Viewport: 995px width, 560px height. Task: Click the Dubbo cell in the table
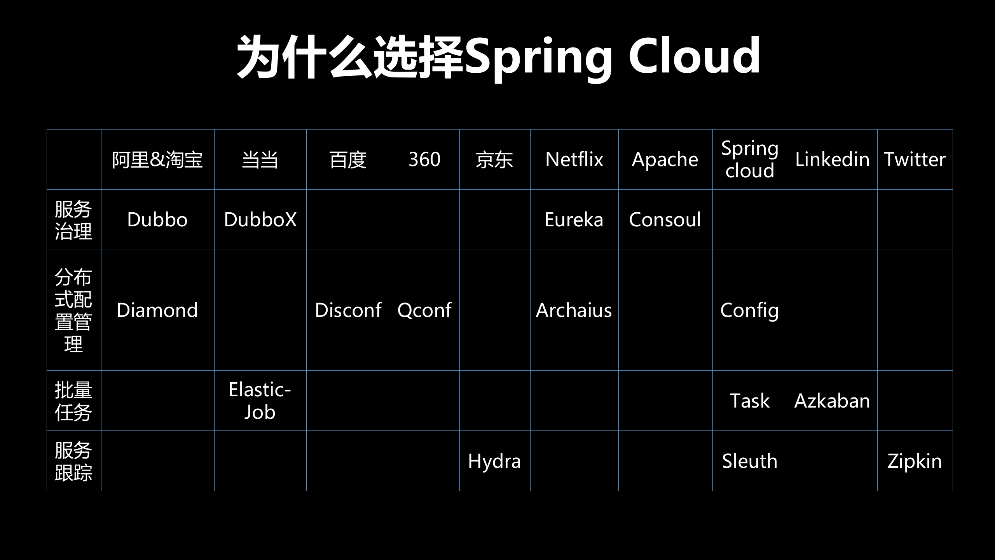(x=157, y=220)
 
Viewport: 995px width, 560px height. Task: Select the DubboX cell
(x=260, y=220)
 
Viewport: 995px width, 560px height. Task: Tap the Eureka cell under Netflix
(x=574, y=220)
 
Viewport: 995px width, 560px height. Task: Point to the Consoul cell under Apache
(x=665, y=220)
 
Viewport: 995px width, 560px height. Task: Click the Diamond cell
(x=157, y=310)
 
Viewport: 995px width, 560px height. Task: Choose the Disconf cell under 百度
(x=348, y=310)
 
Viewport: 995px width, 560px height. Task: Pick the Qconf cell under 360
(x=424, y=310)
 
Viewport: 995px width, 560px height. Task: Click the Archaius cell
(x=574, y=310)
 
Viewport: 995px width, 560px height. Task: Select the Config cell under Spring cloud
(x=750, y=310)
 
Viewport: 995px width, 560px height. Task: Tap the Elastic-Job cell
(x=260, y=401)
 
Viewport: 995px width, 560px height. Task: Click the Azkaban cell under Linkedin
(x=832, y=401)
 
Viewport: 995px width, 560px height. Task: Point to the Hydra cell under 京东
(x=494, y=461)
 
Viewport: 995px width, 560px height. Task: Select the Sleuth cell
(x=750, y=461)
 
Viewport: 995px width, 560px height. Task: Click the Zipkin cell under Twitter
(x=915, y=461)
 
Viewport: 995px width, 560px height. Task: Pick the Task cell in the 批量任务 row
(x=750, y=401)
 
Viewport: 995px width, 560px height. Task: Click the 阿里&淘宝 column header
(x=157, y=159)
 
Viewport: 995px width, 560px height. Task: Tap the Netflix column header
(x=574, y=159)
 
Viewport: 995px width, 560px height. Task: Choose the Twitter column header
(x=915, y=159)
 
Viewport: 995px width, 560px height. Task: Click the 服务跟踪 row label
(x=73, y=461)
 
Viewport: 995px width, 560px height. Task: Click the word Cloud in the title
(x=694, y=56)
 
